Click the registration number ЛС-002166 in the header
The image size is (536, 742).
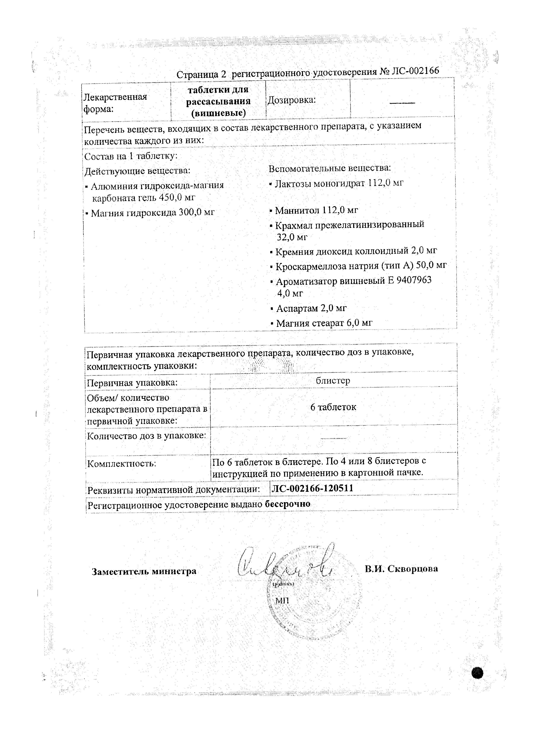[x=413, y=71]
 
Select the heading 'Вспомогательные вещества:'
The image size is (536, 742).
[x=330, y=168]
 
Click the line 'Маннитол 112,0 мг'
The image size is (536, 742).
[x=314, y=210]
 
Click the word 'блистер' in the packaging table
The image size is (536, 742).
[x=333, y=380]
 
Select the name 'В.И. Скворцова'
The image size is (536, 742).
[x=401, y=569]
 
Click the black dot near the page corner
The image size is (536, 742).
[x=477, y=673]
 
